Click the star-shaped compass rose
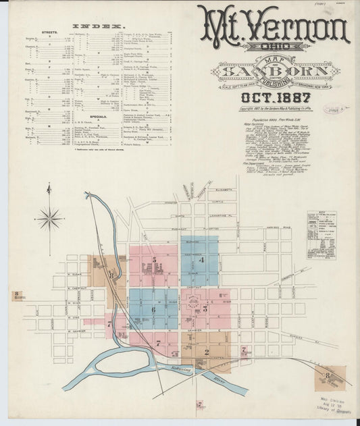49,217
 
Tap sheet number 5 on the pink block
155,260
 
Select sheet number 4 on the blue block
201,260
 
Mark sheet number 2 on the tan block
206,351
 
